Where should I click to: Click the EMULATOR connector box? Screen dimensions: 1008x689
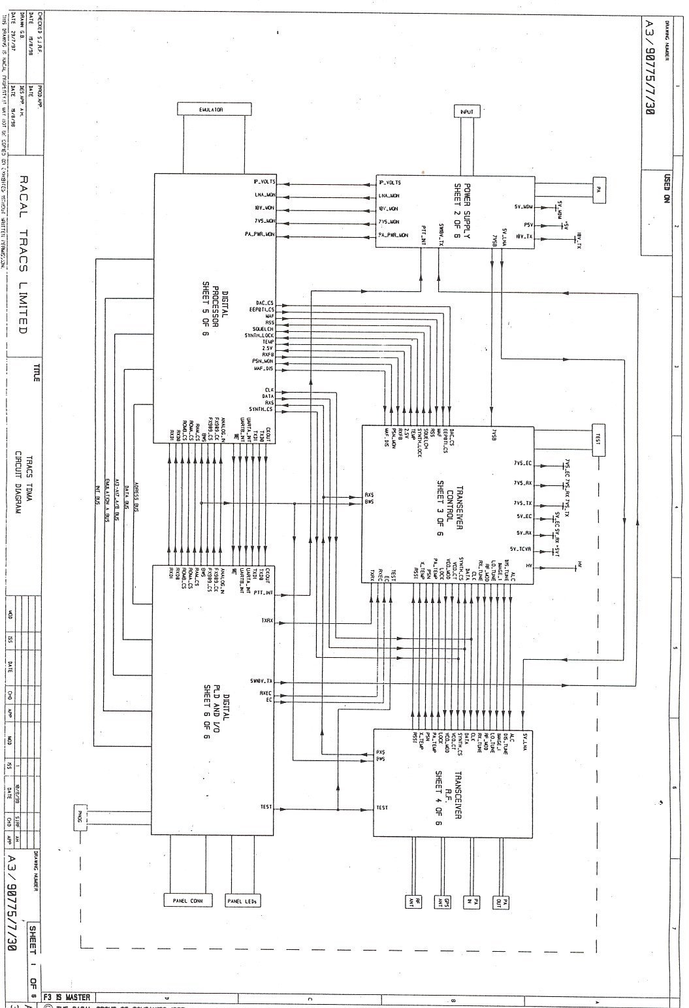click(x=212, y=110)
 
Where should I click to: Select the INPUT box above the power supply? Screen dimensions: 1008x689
click(x=467, y=112)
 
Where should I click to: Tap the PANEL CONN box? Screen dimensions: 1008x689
click(x=187, y=901)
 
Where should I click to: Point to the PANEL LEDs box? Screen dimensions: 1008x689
click(x=242, y=901)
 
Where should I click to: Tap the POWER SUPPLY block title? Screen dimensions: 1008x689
click(x=462, y=210)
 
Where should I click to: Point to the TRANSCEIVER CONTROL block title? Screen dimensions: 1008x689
click(x=445, y=503)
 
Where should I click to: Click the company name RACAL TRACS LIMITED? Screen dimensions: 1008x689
click(x=24, y=255)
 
